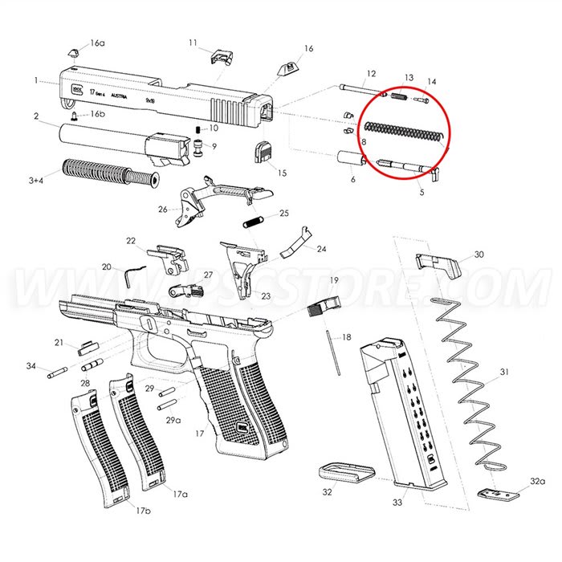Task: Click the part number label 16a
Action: [x=97, y=43]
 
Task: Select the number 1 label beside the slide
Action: [x=36, y=80]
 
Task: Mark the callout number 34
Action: [x=31, y=366]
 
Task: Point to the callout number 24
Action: [x=321, y=249]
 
